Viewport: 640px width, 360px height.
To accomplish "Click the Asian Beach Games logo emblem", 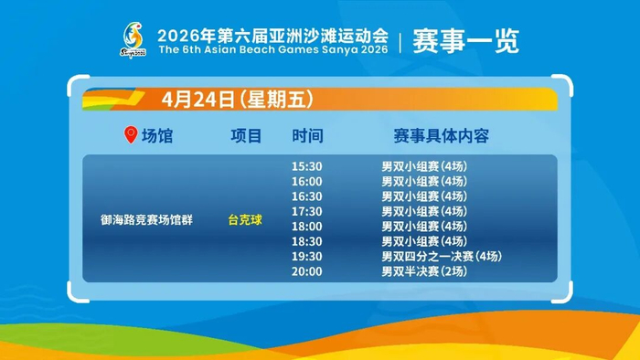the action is pyautogui.click(x=133, y=40).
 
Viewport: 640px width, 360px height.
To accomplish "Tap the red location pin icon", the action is pyautogui.click(x=131, y=134).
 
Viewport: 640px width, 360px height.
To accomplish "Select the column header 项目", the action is pyautogui.click(x=246, y=136).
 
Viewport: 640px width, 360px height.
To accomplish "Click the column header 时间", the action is pyautogui.click(x=307, y=136).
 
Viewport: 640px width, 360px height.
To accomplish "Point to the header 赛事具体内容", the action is pyautogui.click(x=442, y=136).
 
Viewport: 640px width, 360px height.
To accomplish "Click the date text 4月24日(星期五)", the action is pyautogui.click(x=238, y=99).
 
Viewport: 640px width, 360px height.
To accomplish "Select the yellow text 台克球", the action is pyautogui.click(x=245, y=220).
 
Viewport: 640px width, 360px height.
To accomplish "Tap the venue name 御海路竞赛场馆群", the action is pyautogui.click(x=146, y=220).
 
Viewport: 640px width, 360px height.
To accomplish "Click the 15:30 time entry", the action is pyautogui.click(x=307, y=166).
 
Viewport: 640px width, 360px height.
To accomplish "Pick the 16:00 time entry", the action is pyautogui.click(x=307, y=182).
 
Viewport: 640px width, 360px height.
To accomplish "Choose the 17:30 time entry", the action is pyautogui.click(x=307, y=211).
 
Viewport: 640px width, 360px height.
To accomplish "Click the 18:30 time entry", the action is pyautogui.click(x=307, y=241).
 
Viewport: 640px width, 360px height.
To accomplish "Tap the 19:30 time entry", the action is pyautogui.click(x=307, y=257).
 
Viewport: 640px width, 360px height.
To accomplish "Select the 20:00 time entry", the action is pyautogui.click(x=307, y=271).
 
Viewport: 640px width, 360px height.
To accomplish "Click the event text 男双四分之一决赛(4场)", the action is pyautogui.click(x=442, y=257).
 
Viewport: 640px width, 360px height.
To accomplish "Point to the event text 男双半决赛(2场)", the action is pyautogui.click(x=424, y=271).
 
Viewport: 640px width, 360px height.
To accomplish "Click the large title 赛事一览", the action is pyautogui.click(x=465, y=41).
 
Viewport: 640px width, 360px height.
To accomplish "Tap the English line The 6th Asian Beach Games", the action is pyautogui.click(x=273, y=49).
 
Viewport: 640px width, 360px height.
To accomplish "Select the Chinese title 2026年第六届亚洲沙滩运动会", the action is pyautogui.click(x=273, y=36).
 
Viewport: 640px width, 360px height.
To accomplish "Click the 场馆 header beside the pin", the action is pyautogui.click(x=157, y=136).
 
